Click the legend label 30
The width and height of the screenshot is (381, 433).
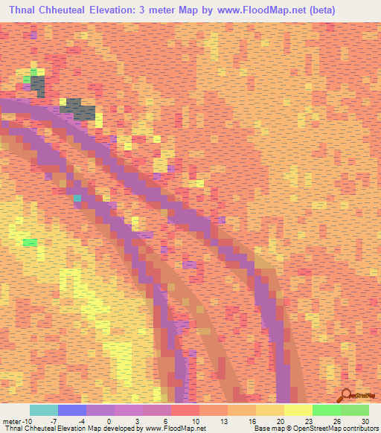click(x=365, y=420)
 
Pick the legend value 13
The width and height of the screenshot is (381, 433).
click(x=224, y=420)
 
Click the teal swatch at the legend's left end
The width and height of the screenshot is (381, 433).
click(x=44, y=410)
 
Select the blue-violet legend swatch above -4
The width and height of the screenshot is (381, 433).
click(x=72, y=410)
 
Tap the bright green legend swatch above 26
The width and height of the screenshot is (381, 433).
click(x=327, y=410)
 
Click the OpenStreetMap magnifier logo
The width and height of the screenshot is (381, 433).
click(x=346, y=395)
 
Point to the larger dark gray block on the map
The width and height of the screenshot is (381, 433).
click(x=79, y=109)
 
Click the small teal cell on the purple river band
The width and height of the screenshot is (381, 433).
click(x=77, y=198)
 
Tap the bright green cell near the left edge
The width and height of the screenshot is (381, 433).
click(x=30, y=243)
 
